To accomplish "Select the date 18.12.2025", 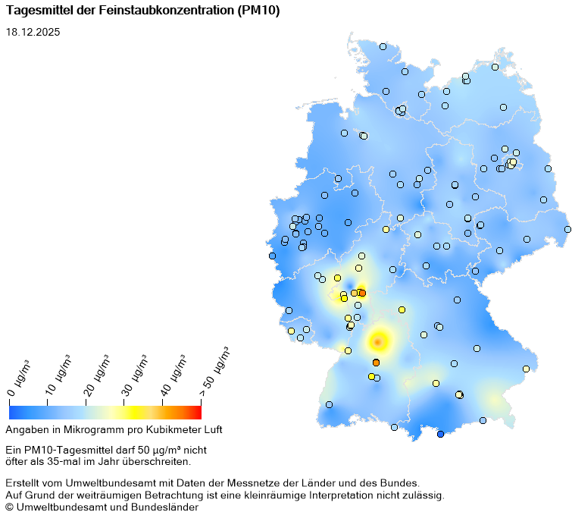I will [33, 33].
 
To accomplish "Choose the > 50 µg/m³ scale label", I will [214, 372].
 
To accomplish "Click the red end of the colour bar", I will [197, 412].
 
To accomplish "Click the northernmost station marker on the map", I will [383, 46].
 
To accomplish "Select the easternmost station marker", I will [567, 229].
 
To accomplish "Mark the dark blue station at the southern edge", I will [440, 434].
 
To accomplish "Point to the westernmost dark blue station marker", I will [272, 256].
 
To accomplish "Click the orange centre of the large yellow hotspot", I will [377, 341].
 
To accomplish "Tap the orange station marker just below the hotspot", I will [376, 363].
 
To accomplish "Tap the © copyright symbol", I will [9, 507].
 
